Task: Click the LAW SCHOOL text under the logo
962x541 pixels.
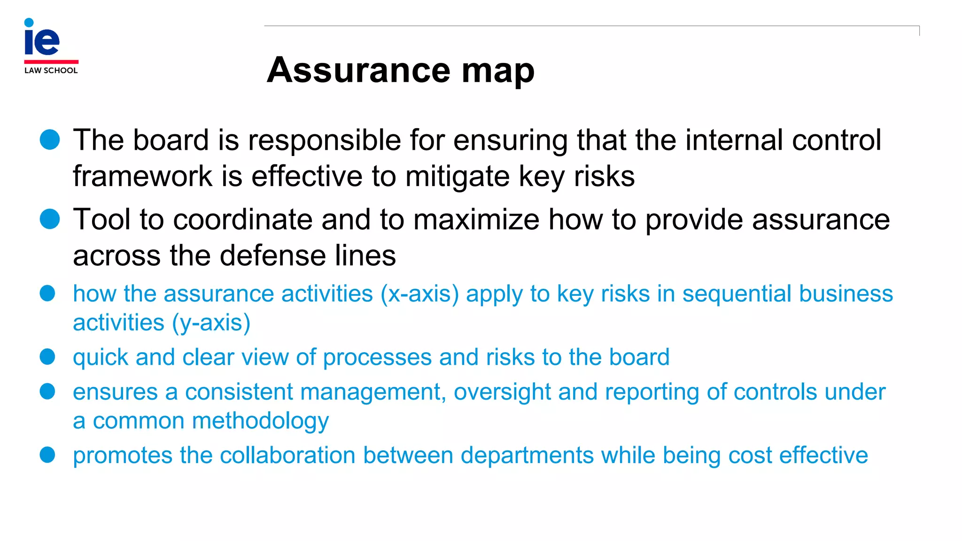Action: (x=51, y=70)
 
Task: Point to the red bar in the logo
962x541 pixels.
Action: (x=51, y=62)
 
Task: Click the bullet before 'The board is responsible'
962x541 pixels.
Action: (x=50, y=140)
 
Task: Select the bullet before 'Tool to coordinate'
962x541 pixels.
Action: (x=50, y=219)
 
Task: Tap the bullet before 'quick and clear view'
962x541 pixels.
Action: (x=47, y=357)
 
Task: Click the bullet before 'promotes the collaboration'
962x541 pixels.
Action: (x=47, y=455)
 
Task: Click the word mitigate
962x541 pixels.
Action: (x=458, y=177)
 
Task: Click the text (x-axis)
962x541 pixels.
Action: (x=419, y=294)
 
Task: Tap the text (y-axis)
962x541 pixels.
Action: (x=211, y=324)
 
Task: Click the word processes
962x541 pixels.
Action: (x=377, y=358)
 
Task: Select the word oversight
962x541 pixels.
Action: (x=502, y=393)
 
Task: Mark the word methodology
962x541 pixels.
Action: (x=260, y=421)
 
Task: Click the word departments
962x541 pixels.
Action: (x=527, y=456)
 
